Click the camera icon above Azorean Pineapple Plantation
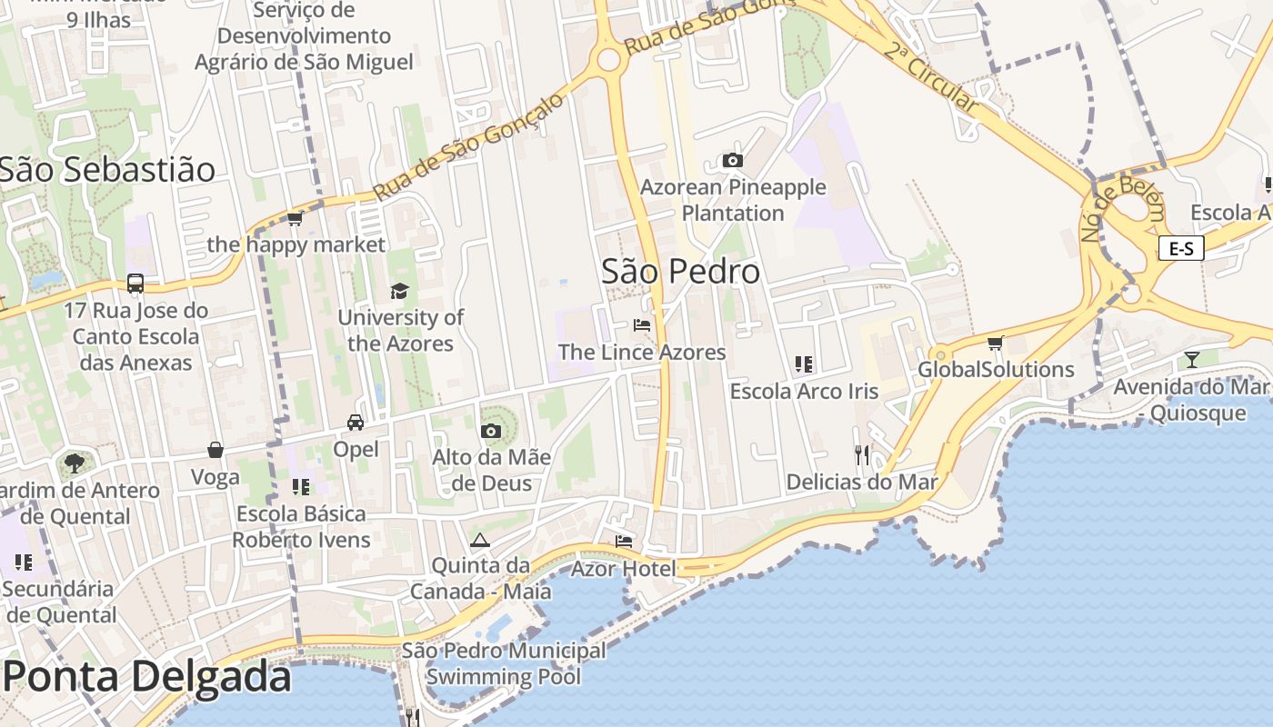point(732,161)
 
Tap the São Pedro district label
point(680,271)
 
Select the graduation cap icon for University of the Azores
point(399,291)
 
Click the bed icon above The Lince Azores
point(642,325)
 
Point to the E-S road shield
point(1181,248)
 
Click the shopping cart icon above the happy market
point(295,218)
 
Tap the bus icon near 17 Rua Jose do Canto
point(135,284)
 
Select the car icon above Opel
point(356,423)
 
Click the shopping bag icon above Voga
point(216,450)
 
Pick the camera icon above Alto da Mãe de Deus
point(491,430)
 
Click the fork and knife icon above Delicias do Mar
point(862,454)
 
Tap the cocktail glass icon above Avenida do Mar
point(1192,360)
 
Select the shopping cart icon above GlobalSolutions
point(996,343)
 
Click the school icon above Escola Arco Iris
point(804,364)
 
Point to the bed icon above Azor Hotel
point(624,542)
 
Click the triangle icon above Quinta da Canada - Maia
point(480,540)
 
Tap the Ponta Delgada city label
point(147,677)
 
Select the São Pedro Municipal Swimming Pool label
point(504,663)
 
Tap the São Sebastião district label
point(107,170)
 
